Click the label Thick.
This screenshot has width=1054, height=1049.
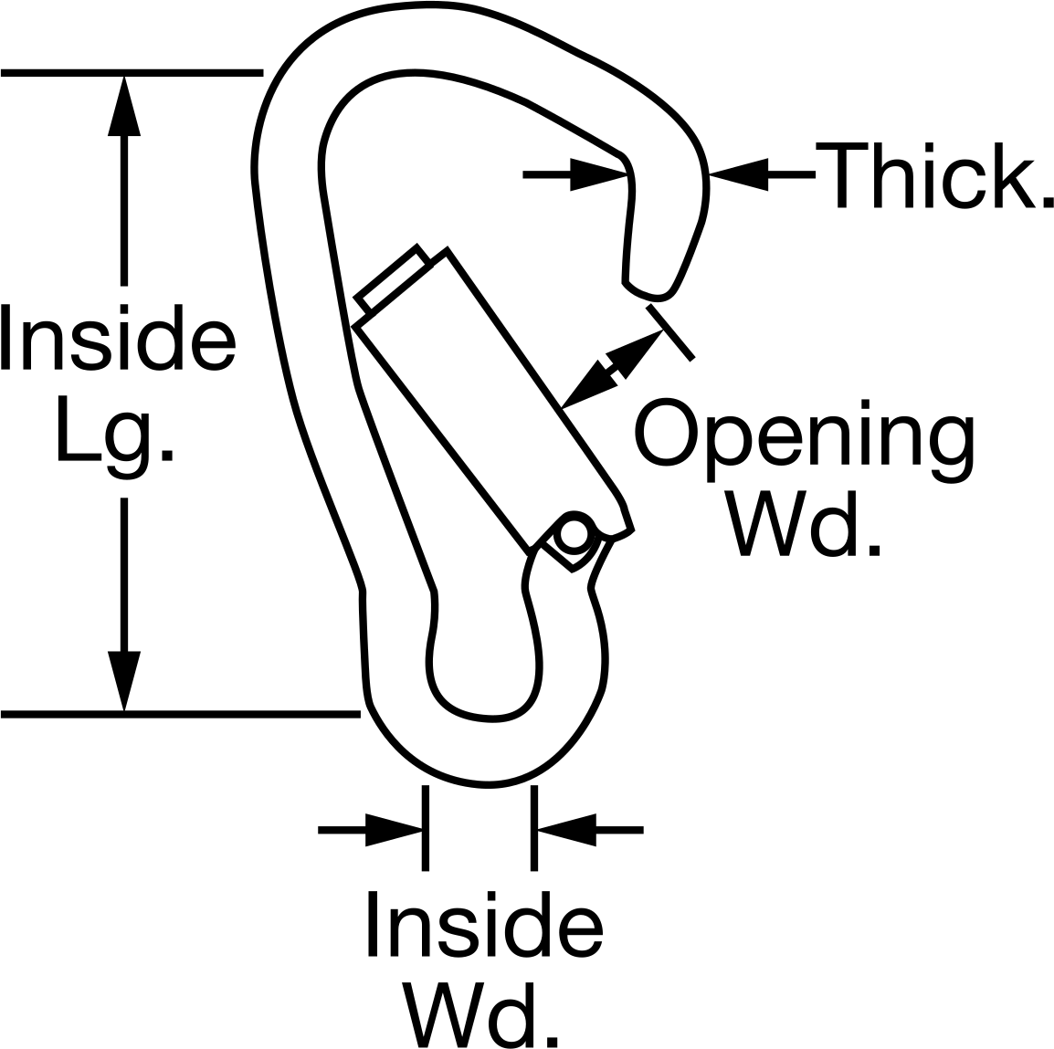click(934, 174)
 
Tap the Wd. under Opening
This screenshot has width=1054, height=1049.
click(803, 523)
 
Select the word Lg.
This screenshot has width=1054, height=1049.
click(115, 436)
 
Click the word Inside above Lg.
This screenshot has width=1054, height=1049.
click(119, 337)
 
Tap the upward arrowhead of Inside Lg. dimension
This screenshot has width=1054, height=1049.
click(124, 105)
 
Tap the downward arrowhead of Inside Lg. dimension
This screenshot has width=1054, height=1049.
click(124, 681)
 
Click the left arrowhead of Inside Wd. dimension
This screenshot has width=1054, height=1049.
click(394, 831)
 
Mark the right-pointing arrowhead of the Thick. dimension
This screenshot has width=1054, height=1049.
click(599, 174)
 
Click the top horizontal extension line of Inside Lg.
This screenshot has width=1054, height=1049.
click(132, 72)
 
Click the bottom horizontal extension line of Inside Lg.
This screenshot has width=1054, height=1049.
click(181, 714)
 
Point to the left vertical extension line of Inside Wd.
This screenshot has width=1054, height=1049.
click(425, 828)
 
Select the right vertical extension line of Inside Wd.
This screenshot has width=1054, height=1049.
click(533, 828)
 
